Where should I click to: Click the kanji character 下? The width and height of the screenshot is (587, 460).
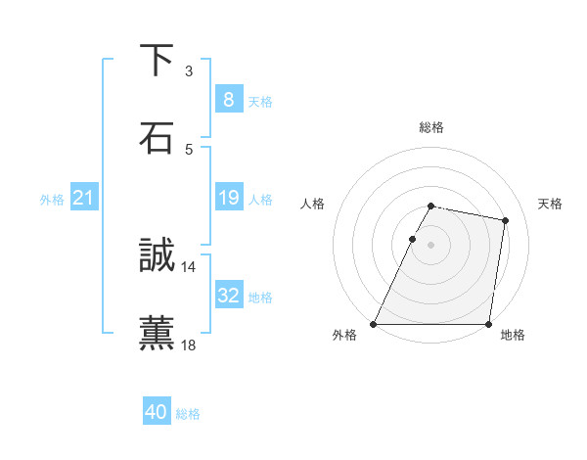157,61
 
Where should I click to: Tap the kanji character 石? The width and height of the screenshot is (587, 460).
157,138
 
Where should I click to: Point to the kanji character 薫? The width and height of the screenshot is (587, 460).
157,333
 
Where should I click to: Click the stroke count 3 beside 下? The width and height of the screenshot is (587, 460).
188,70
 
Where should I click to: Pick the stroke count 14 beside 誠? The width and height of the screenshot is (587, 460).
188,266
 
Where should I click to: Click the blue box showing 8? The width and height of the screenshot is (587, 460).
228,99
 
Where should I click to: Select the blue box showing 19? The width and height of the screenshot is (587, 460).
228,198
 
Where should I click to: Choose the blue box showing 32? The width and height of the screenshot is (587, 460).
228,295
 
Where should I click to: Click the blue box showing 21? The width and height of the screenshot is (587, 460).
83,198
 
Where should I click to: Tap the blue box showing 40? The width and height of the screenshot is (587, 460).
156,412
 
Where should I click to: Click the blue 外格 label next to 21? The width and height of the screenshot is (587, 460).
52,200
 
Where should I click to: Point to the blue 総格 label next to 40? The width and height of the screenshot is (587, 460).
188,414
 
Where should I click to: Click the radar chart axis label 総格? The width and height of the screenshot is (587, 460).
430,127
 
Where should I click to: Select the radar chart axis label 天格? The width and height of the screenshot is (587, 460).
551,204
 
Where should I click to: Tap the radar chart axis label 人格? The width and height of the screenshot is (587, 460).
313,204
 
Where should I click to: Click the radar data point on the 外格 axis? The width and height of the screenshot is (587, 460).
374,324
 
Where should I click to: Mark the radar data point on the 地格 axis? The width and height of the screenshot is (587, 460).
488,324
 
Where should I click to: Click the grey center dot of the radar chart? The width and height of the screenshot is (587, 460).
430,245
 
